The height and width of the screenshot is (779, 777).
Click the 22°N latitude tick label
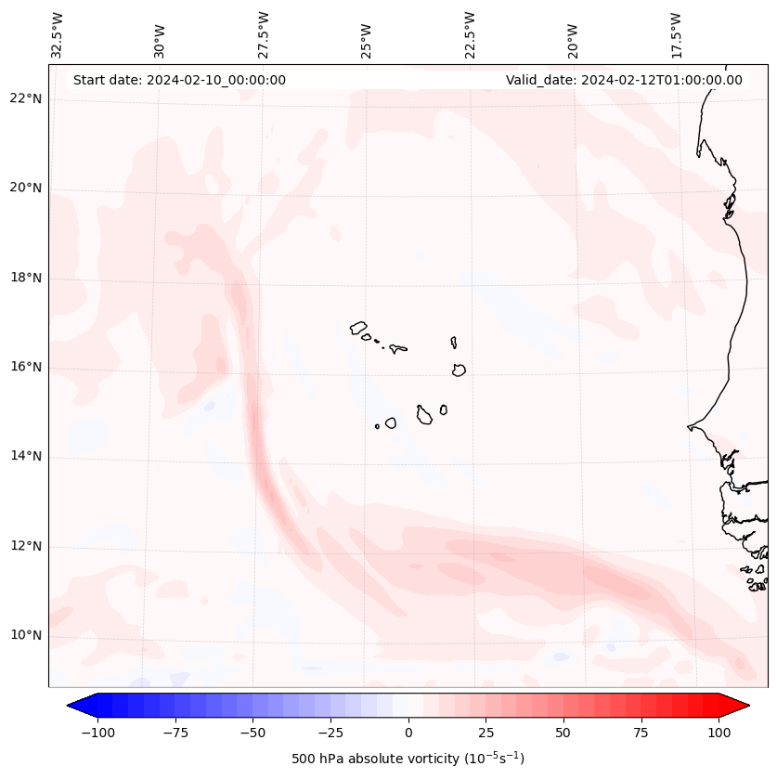(25, 99)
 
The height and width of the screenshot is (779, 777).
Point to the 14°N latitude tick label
(25, 457)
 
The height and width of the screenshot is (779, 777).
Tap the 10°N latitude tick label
(25, 636)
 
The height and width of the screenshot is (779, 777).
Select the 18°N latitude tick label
(25, 278)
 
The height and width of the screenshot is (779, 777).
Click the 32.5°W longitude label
(58, 35)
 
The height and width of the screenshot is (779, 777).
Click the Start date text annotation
(179, 80)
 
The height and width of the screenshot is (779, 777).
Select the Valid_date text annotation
(624, 80)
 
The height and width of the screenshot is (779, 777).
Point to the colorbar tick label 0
(408, 733)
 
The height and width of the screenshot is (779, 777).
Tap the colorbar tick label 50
(563, 733)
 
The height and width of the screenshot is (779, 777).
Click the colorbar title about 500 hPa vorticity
(408, 759)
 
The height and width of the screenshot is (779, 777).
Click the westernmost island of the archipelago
(358, 328)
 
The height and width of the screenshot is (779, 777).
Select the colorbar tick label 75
(641, 733)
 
